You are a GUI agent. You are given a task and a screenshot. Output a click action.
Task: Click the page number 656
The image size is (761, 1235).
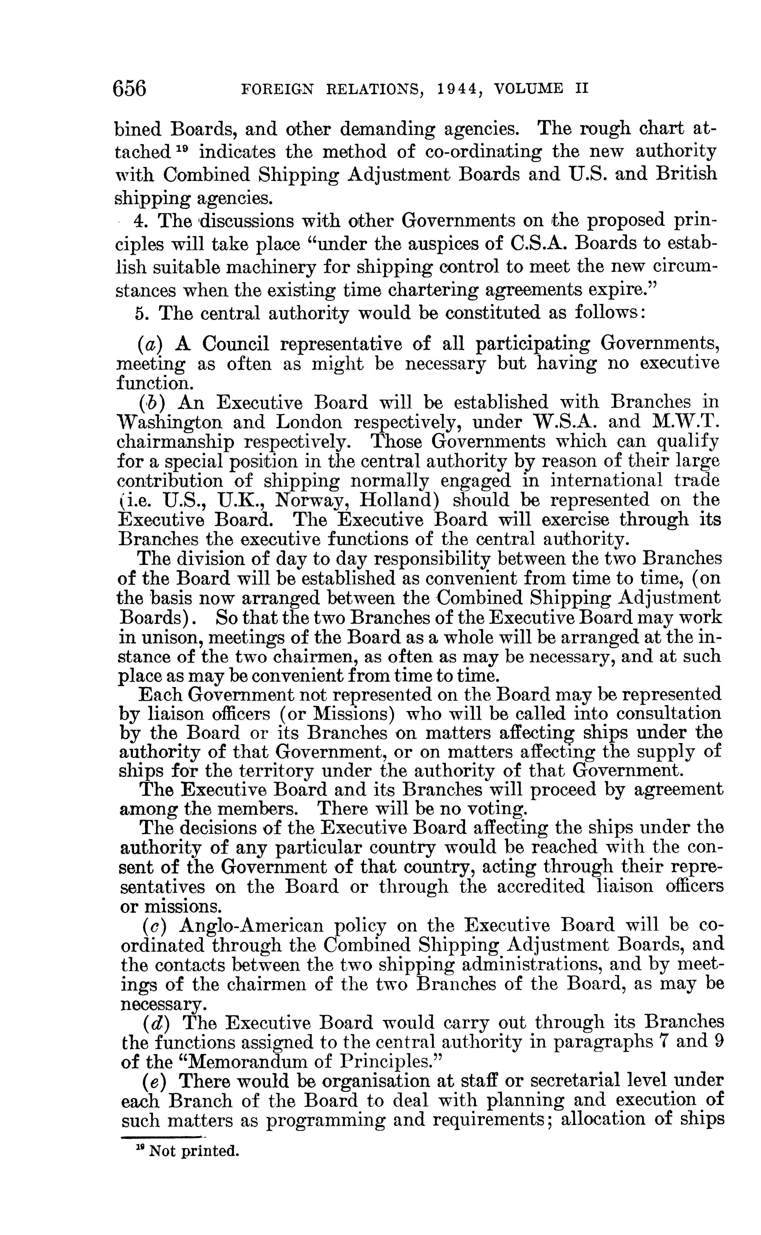[130, 89]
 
